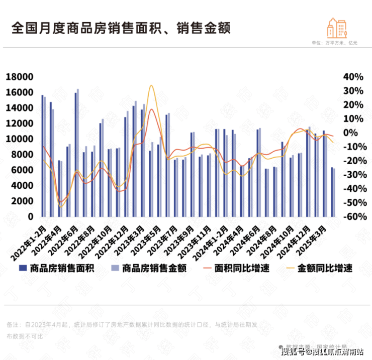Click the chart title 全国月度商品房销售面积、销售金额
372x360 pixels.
[x=120, y=27]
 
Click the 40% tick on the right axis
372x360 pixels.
[x=353, y=77]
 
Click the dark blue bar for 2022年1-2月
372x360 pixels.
[x=42, y=156]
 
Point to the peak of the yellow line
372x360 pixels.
[x=151, y=85]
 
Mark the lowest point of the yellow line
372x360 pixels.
[x=61, y=206]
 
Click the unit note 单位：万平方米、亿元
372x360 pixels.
[x=334, y=44]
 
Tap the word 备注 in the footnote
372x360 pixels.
[x=13, y=324]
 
